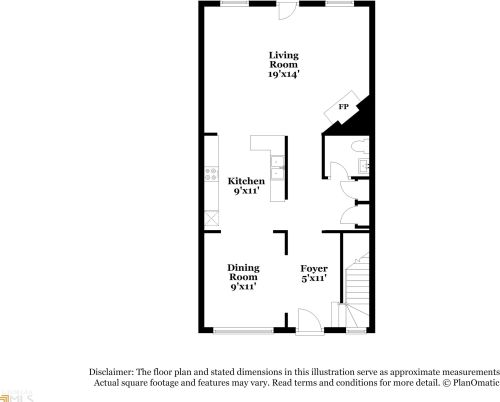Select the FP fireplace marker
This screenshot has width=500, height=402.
343,107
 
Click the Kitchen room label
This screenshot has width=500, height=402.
246,181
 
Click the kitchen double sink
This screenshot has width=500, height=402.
277,166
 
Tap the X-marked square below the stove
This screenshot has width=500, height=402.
211,217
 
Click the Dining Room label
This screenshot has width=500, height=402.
243,272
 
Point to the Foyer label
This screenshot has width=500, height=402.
315,269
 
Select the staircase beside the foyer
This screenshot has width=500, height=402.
357,285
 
